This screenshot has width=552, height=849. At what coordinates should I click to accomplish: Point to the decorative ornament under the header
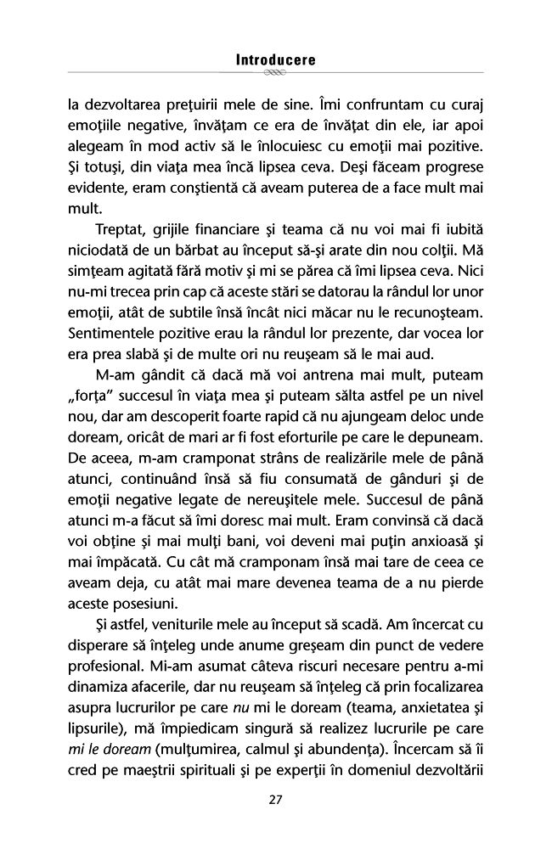click(275, 74)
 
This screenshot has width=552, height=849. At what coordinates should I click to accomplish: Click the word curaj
click(464, 107)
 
